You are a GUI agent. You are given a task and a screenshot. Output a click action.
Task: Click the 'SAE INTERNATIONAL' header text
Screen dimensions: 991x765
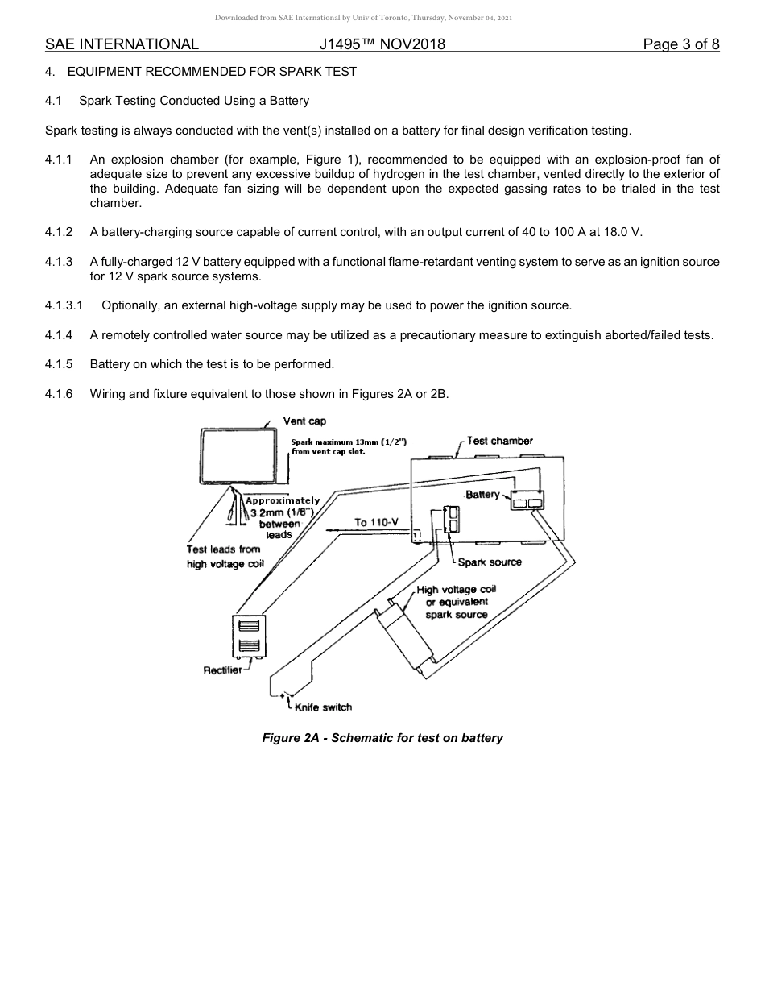122,44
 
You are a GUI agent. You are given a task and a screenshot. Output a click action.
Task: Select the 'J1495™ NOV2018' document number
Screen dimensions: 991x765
382,44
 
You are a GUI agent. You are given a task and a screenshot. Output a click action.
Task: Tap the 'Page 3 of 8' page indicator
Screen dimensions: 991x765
680,44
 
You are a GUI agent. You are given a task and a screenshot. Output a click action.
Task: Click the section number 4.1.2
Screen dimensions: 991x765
59,232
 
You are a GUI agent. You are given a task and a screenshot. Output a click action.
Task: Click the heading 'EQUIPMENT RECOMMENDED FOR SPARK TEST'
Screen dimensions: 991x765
212,72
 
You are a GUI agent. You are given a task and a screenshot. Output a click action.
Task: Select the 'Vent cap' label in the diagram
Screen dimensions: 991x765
304,421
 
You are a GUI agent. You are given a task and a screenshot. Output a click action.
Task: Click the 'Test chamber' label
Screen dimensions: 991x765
499,441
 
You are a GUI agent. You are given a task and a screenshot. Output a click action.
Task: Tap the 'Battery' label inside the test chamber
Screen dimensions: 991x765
482,494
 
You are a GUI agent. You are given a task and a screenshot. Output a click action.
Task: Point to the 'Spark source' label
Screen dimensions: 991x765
490,562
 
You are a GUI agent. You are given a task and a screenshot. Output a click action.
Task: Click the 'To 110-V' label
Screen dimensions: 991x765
376,522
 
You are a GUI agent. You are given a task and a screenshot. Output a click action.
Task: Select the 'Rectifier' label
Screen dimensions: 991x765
222,670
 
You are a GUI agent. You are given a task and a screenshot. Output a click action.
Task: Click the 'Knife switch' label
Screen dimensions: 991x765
323,707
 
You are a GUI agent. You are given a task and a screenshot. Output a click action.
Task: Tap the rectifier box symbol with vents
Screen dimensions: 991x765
249,636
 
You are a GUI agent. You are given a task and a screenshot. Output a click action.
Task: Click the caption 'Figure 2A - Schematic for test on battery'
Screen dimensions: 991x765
382,738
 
